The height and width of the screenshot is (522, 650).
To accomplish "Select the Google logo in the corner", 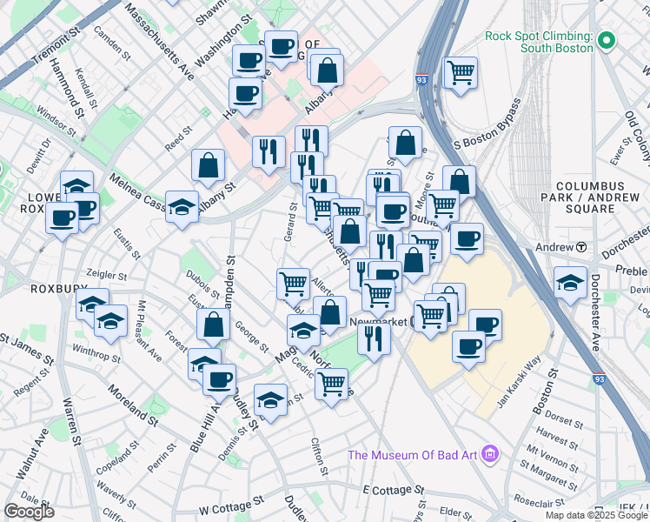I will tap(29, 512).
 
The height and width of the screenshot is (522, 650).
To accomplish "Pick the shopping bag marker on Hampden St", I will tap(213, 325).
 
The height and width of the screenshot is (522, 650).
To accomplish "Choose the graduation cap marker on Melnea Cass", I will tap(182, 206).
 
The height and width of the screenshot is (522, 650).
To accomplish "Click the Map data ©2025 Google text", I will tap(595, 515).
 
